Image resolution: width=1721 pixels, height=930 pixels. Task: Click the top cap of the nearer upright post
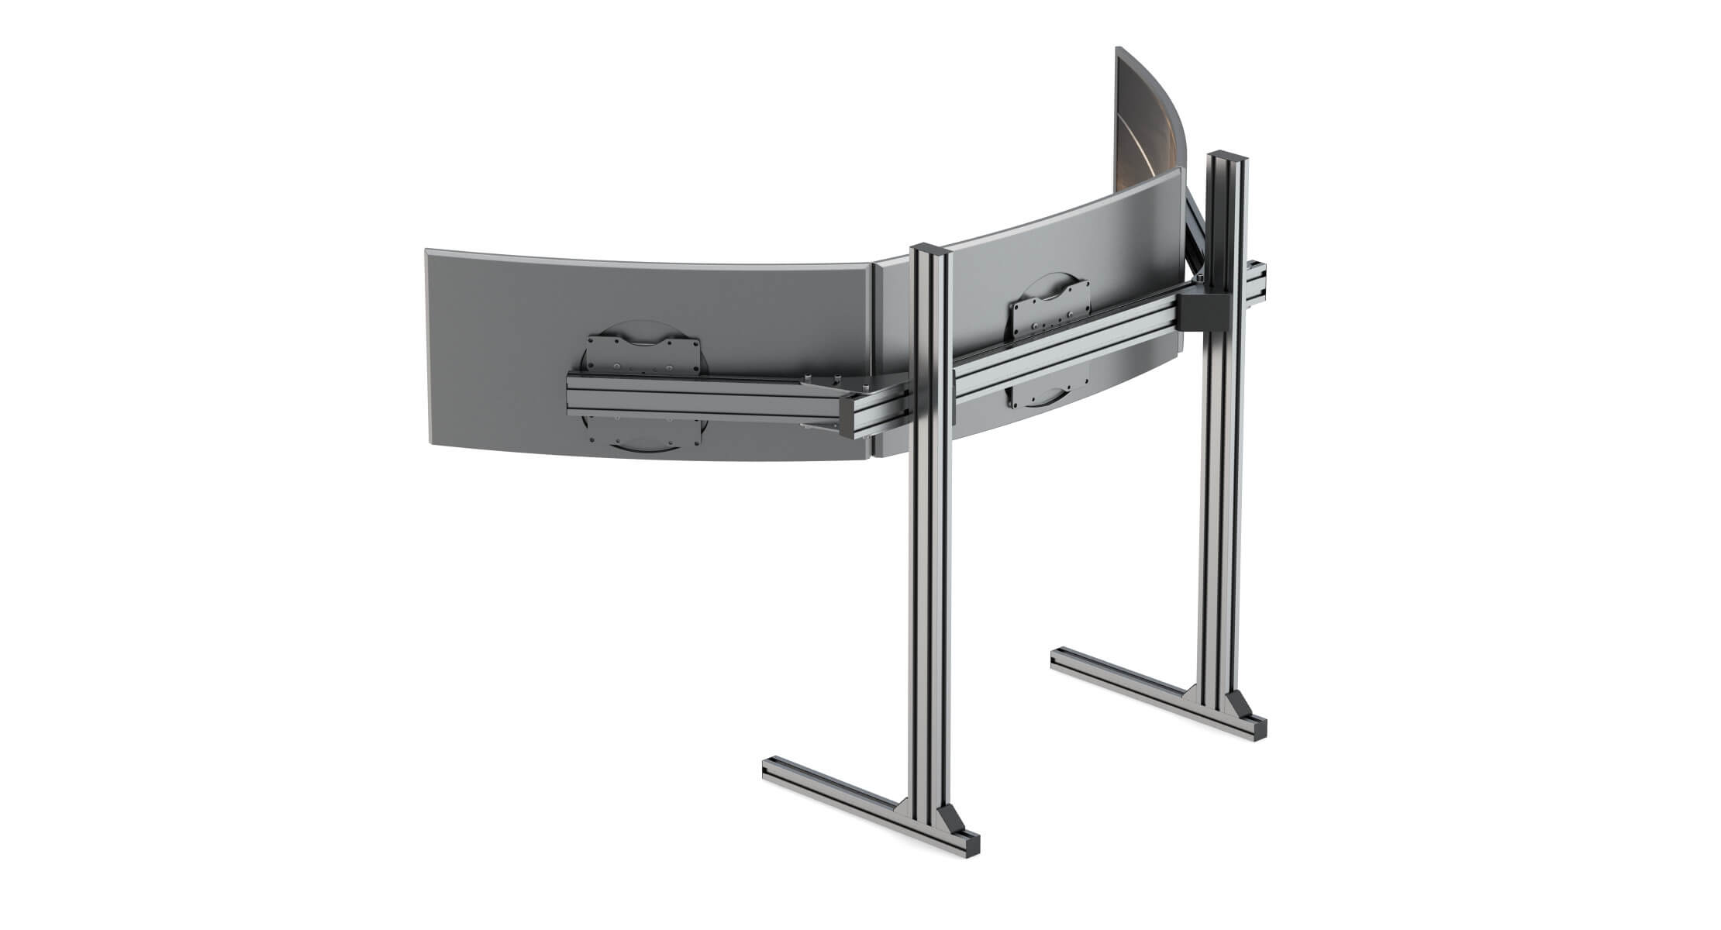(x=929, y=250)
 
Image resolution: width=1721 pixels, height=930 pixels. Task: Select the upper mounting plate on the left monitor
(x=643, y=354)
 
